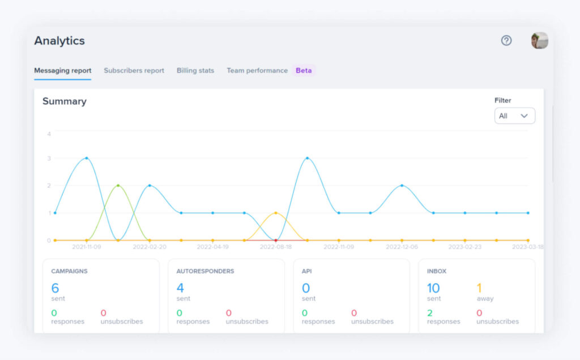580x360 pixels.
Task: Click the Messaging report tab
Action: [62, 71]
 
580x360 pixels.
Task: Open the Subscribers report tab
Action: [134, 71]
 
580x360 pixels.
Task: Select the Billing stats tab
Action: [195, 71]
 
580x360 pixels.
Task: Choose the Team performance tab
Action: [257, 71]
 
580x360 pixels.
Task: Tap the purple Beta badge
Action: [304, 71]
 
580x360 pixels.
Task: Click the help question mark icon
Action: [506, 41]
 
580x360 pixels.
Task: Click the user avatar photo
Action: [539, 41]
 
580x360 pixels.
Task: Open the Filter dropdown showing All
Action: [514, 116]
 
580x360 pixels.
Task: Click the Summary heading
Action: [65, 101]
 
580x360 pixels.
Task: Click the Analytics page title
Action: [59, 41]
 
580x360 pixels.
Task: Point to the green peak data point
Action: [118, 186]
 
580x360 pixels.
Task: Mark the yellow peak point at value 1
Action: [276, 213]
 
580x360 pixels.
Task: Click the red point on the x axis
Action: [276, 241]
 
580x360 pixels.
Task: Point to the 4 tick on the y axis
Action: [49, 134]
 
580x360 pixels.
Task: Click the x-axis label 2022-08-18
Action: [276, 247]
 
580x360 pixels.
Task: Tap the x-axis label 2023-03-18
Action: [527, 247]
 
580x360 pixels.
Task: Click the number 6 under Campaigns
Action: [55, 288]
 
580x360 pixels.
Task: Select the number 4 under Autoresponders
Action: [180, 288]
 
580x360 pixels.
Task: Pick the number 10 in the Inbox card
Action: [433, 288]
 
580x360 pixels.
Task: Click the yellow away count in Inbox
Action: [479, 288]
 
